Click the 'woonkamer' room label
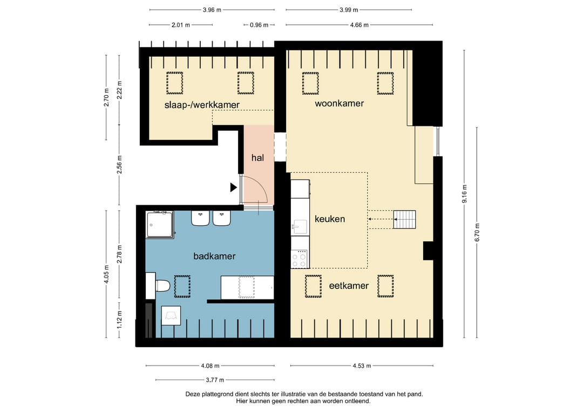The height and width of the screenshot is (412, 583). [x=339, y=103]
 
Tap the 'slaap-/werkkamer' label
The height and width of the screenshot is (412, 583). [x=202, y=105]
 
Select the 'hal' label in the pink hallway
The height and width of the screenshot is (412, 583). [x=257, y=158]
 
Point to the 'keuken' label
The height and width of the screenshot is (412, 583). [x=330, y=219]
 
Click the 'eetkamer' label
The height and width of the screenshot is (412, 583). [x=349, y=286]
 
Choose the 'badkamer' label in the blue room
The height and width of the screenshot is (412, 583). [x=214, y=256]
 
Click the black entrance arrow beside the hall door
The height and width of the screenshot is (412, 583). [x=234, y=187]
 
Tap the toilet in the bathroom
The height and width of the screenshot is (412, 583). [x=162, y=286]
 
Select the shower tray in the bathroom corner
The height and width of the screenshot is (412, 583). [x=160, y=225]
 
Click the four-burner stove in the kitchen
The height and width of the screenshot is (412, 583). [x=300, y=259]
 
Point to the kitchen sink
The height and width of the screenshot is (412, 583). [x=300, y=226]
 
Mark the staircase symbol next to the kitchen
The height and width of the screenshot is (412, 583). [x=404, y=219]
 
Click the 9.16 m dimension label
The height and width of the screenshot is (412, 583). [x=464, y=194]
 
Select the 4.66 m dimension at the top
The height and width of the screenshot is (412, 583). [x=359, y=25]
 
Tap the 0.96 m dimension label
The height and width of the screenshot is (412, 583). [x=259, y=25]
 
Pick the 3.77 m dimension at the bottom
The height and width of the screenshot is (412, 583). [x=215, y=380]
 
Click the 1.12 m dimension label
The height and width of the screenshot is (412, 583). [x=120, y=320]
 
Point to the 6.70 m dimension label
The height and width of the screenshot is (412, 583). [x=477, y=233]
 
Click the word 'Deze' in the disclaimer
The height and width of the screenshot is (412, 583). [x=193, y=394]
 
